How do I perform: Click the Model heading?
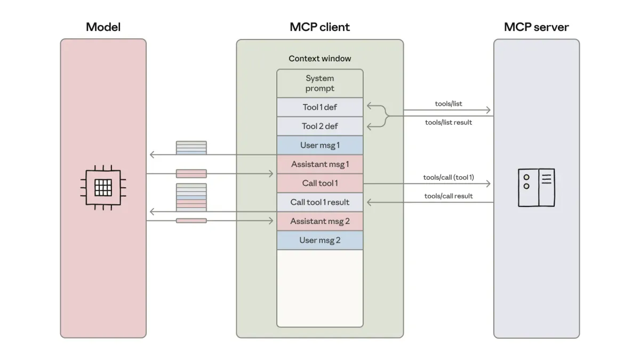(x=103, y=27)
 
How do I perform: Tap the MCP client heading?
(x=319, y=27)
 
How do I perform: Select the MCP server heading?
(x=536, y=27)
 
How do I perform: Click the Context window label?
(x=319, y=59)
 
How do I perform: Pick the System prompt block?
(x=319, y=83)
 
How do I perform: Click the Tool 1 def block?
(x=319, y=107)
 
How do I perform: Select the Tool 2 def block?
(x=319, y=126)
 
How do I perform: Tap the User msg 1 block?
(x=319, y=145)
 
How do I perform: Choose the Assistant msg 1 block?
(x=319, y=164)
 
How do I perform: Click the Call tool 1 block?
(x=319, y=183)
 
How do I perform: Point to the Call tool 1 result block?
(x=319, y=202)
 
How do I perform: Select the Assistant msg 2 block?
(x=319, y=221)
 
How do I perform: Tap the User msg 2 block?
(x=319, y=240)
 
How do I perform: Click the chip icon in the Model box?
(x=103, y=187)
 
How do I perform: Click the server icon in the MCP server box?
(x=536, y=187)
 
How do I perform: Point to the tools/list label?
(x=448, y=104)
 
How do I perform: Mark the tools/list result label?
(x=448, y=122)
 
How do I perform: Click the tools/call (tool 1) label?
(x=448, y=177)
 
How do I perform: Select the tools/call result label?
(x=448, y=196)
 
